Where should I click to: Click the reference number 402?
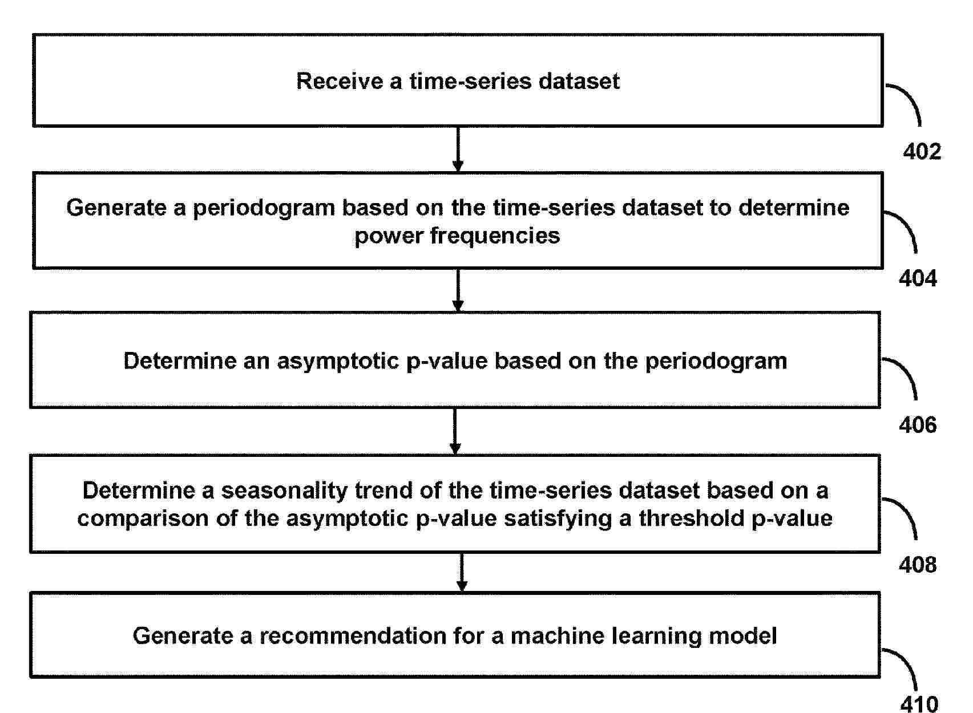coord(922,152)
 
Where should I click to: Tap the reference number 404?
coord(918,278)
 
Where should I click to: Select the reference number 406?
coord(918,425)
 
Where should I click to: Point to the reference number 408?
coord(918,565)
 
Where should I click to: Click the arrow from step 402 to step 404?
coord(458,149)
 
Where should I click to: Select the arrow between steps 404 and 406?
coord(458,290)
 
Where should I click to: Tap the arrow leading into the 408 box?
coord(455,431)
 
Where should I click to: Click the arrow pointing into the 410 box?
coord(462,572)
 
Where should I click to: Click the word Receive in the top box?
coord(339,81)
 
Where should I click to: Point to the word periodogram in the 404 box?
coord(264,208)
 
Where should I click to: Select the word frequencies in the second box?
coord(495,236)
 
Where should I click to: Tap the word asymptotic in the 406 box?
coord(338,361)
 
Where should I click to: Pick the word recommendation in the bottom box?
coord(353,635)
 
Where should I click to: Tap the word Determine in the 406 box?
coord(180,361)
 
